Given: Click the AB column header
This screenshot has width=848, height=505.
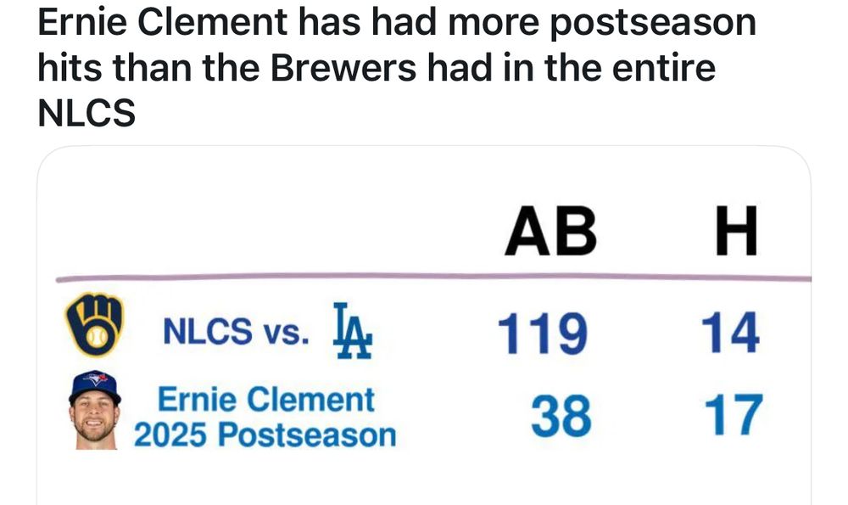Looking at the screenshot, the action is (550, 231).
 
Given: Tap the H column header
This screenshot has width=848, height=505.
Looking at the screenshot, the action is (736, 231).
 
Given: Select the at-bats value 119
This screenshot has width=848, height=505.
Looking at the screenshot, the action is (542, 333).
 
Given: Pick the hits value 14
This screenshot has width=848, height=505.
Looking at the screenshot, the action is (730, 333).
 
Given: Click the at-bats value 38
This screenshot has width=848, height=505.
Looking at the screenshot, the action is (561, 415).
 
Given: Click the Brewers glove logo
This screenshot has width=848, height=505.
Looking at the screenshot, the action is (94, 324).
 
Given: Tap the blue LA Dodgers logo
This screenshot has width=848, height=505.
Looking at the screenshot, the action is (353, 331).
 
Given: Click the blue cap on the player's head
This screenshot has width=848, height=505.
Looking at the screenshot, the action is (95, 386).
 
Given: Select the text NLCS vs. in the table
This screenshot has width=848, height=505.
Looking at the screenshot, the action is (237, 331).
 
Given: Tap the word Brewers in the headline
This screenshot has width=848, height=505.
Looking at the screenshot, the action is (343, 68).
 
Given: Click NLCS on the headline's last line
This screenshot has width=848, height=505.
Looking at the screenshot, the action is (86, 114).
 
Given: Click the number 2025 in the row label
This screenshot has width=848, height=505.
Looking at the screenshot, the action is (170, 435).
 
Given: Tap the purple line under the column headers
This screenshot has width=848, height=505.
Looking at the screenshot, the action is (433, 278).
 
